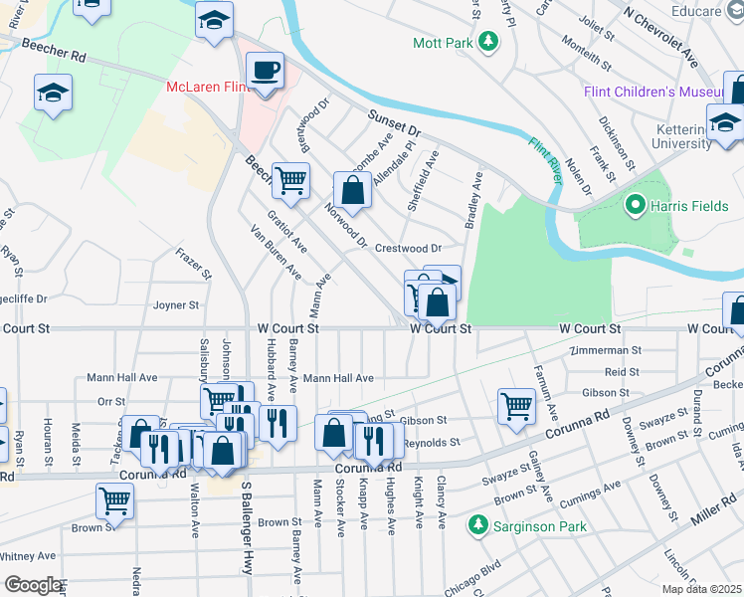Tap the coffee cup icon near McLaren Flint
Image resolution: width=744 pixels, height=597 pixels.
pos(266,72)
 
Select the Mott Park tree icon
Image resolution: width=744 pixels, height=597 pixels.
pos(487,42)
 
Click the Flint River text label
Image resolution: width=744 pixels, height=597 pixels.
pos(546,156)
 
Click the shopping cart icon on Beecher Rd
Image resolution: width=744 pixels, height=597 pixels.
pos(291,181)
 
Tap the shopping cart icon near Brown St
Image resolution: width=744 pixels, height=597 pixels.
pos(115,502)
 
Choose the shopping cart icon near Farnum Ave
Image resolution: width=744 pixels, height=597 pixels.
pos(517,406)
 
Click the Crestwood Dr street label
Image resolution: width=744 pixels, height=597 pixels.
pos(408,248)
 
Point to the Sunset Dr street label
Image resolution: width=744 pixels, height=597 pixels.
pos(396,124)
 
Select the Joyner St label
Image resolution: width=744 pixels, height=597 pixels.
pos(177,305)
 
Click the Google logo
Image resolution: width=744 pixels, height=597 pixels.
pos(33,585)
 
